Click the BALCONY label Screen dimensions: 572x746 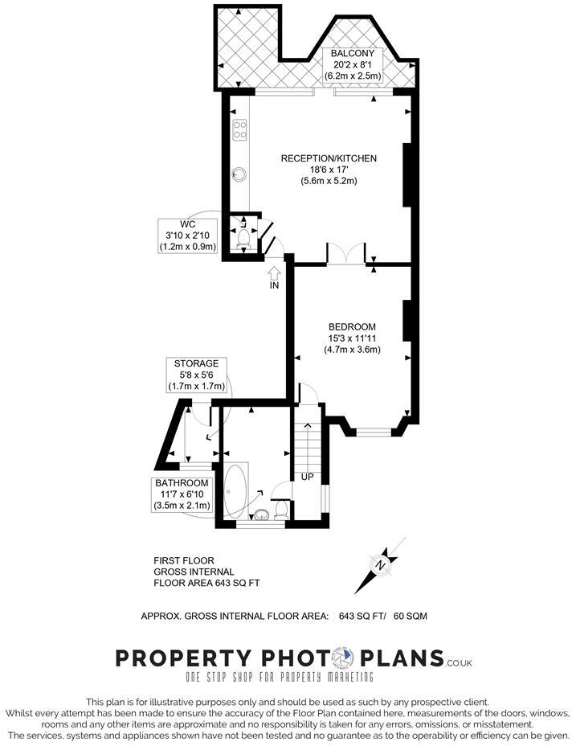353,53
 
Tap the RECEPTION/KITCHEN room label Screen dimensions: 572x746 329,158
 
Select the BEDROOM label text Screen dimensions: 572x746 352,326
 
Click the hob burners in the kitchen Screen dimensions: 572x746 239,129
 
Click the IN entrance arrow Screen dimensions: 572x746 274,276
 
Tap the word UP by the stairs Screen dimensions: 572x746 307,476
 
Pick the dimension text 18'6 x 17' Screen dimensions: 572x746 329,170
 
